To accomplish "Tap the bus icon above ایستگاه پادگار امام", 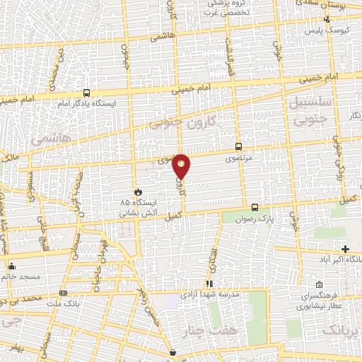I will tap(86, 92).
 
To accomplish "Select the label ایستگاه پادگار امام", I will tap(87, 103).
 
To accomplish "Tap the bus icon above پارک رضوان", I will tap(255, 208).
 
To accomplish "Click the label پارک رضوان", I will tap(255, 218).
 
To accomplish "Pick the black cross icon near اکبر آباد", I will tap(345, 249).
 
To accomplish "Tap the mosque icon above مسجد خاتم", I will tap(12, 267).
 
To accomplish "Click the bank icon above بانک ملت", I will tap(64, 293).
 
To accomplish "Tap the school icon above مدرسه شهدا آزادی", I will tap(209, 284).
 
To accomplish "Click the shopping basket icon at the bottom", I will tap(173, 351).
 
